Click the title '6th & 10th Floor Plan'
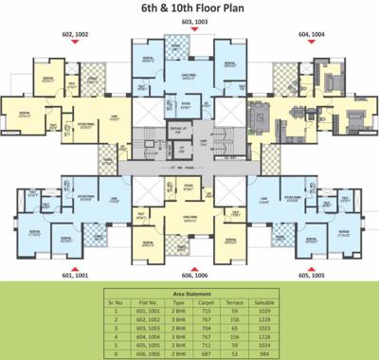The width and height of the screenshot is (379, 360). [190, 12]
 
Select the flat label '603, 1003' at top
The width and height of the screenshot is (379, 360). [192, 21]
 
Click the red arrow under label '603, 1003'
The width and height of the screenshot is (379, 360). [192, 29]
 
